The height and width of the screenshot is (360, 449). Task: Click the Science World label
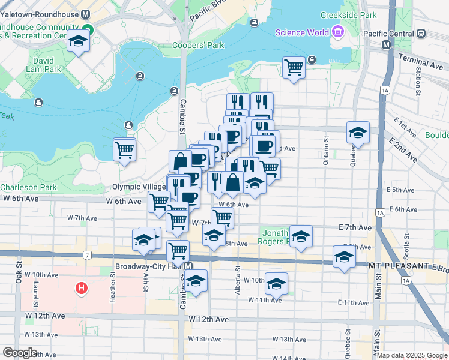(x=302, y=32)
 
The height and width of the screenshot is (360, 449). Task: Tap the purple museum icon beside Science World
(x=337, y=31)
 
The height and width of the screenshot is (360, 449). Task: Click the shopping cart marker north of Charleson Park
(x=124, y=149)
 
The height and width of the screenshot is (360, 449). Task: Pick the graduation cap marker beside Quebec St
(x=358, y=133)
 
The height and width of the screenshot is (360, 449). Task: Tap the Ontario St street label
(x=327, y=149)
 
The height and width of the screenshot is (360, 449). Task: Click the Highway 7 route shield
(x=88, y=256)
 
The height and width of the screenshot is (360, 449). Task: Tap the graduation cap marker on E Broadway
(x=344, y=257)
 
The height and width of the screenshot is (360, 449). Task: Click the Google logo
(x=19, y=353)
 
